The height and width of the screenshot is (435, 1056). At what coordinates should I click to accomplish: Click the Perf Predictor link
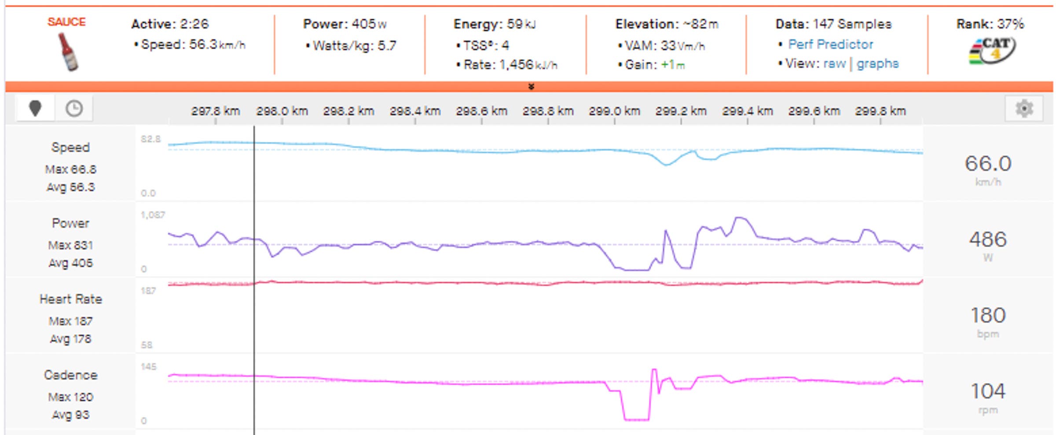coord(830,44)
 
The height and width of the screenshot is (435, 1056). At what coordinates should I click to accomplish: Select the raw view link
coord(834,64)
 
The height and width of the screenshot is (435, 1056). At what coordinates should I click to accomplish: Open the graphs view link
coord(877,64)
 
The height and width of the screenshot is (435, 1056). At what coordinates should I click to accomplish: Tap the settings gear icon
coord(1024,109)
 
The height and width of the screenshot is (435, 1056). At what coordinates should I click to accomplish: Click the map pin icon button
coord(35,108)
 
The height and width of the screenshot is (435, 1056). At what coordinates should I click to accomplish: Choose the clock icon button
coord(74,108)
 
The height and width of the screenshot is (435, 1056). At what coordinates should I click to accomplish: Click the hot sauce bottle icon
coord(68,52)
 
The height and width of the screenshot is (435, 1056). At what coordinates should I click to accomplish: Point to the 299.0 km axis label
coord(614,111)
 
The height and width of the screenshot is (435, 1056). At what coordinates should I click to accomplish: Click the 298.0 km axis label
coord(282,111)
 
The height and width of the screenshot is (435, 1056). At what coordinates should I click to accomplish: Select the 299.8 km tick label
coord(880,111)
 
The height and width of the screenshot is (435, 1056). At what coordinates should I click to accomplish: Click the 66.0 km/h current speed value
coord(988,164)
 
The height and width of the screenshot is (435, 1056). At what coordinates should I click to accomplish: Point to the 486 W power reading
coord(988,240)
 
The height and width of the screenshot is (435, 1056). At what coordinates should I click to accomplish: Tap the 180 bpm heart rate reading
coord(988,315)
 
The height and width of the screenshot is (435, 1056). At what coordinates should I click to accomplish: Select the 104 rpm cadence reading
coord(988,391)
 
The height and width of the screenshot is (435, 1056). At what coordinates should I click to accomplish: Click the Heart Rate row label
coord(71,300)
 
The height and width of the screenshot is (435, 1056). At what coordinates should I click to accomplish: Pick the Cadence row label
coord(71,375)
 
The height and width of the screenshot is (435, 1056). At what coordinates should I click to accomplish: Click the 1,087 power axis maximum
coord(152,215)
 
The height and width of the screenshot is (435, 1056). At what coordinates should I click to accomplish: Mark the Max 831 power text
coord(70,245)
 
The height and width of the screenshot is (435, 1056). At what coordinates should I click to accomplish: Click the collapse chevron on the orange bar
coord(531,87)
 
